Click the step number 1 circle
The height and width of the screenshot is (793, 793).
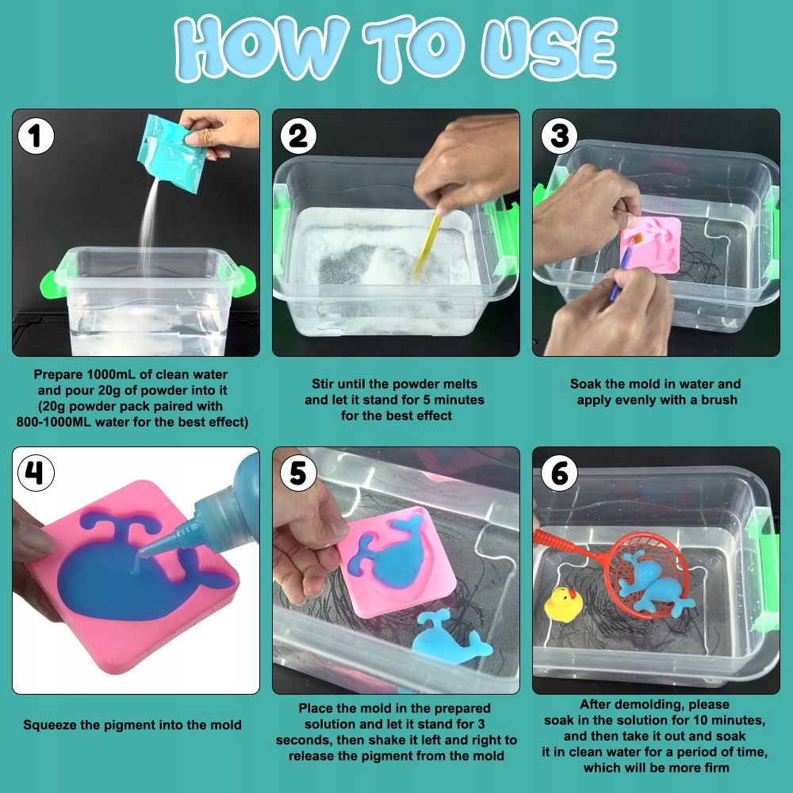tap(36, 136)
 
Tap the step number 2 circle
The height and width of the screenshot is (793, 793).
tap(298, 136)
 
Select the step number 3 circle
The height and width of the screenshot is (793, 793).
tap(559, 136)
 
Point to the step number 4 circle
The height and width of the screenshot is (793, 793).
tap(36, 473)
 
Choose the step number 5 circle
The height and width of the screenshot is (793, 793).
tap(298, 473)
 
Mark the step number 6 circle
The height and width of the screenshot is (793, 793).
tap(559, 473)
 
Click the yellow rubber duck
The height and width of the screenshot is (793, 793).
tap(563, 605)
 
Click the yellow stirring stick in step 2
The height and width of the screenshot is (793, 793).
tap(427, 246)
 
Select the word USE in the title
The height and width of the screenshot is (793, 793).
tap(549, 48)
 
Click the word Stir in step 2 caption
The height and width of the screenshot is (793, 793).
tap(322, 384)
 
